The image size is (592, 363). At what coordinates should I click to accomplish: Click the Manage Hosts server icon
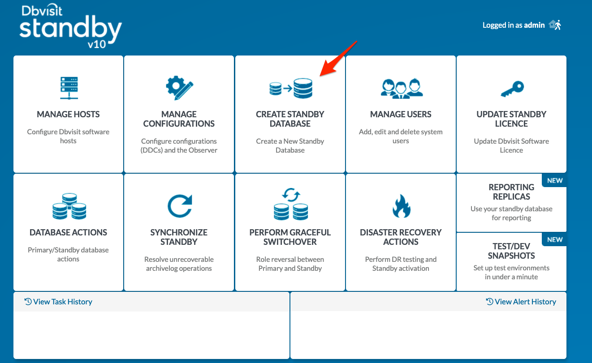coord(69,88)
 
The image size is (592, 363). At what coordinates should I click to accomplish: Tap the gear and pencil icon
coord(179,88)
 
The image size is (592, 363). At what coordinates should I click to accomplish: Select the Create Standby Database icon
coord(291,88)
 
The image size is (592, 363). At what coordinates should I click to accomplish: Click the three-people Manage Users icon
coord(402,89)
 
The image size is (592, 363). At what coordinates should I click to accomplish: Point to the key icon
coord(512,89)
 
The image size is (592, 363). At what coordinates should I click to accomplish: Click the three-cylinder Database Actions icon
coord(69,206)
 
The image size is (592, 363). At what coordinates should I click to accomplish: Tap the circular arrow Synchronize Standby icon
coord(180,206)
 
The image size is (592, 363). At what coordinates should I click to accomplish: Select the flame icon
coord(402,206)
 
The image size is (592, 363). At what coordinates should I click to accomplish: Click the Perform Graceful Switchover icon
coord(291,204)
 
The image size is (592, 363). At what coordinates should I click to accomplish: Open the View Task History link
coord(58,302)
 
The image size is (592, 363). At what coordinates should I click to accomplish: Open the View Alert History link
coord(521,302)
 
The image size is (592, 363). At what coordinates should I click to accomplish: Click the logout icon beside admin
coord(555,25)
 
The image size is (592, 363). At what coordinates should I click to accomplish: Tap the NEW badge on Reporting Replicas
coord(555,180)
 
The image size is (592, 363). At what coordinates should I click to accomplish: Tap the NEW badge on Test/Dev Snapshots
coord(555,240)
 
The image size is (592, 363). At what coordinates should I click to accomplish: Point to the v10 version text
coord(97,44)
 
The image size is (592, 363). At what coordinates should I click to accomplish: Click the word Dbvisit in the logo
coord(42,10)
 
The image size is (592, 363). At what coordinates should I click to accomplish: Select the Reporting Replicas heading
coord(511,192)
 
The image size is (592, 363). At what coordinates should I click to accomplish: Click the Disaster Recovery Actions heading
coord(401,237)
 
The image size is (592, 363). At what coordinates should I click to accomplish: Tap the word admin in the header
coord(534,25)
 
